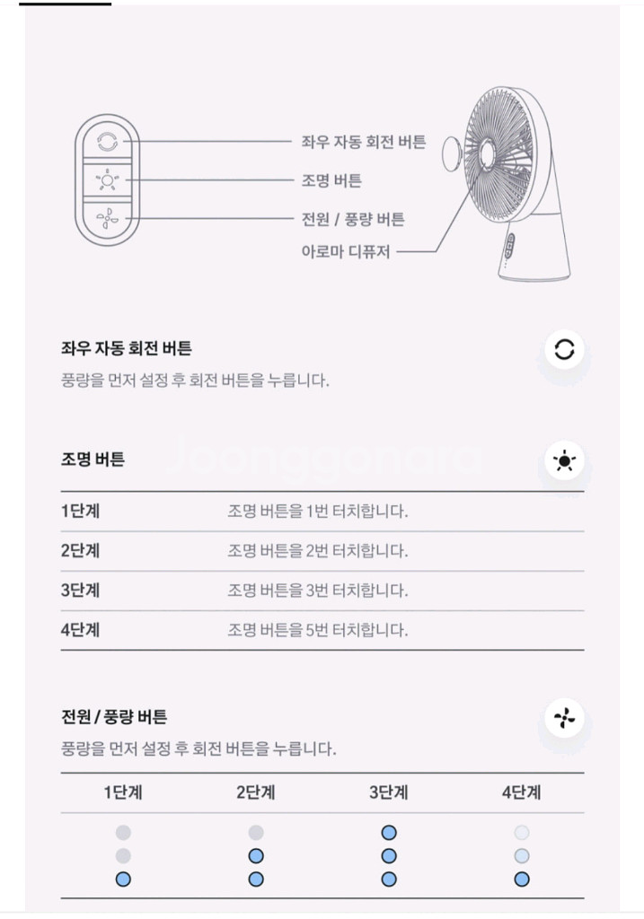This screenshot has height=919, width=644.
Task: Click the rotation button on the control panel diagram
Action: (x=107, y=142)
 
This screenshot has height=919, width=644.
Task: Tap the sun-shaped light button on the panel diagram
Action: (x=107, y=179)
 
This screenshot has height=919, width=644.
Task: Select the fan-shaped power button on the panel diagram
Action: (x=107, y=219)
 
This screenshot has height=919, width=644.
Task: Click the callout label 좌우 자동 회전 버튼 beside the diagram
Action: (x=364, y=142)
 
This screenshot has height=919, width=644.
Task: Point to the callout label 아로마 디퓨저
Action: (x=346, y=251)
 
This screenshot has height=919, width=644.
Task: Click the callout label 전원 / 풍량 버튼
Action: (x=353, y=219)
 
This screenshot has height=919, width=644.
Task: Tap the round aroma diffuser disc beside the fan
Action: (x=451, y=153)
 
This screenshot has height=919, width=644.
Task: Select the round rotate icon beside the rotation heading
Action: (x=564, y=350)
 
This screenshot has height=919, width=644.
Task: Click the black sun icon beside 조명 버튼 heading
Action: (x=564, y=460)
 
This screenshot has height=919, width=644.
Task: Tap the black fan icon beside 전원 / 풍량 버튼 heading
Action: (x=564, y=718)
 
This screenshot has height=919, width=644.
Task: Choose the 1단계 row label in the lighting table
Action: (x=80, y=511)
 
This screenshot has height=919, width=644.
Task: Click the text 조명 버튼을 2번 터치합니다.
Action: (x=317, y=551)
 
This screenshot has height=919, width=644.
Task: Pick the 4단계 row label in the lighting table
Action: (x=80, y=630)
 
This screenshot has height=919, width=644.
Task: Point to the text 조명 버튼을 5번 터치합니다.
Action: (x=317, y=630)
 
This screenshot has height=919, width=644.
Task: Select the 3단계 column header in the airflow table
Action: (x=389, y=792)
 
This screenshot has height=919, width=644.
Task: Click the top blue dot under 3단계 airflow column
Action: (x=389, y=833)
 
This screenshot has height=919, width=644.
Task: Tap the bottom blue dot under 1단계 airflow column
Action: (x=123, y=880)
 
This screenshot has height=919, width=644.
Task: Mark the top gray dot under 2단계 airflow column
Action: (x=256, y=833)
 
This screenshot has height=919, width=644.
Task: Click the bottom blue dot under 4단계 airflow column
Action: (x=522, y=880)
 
